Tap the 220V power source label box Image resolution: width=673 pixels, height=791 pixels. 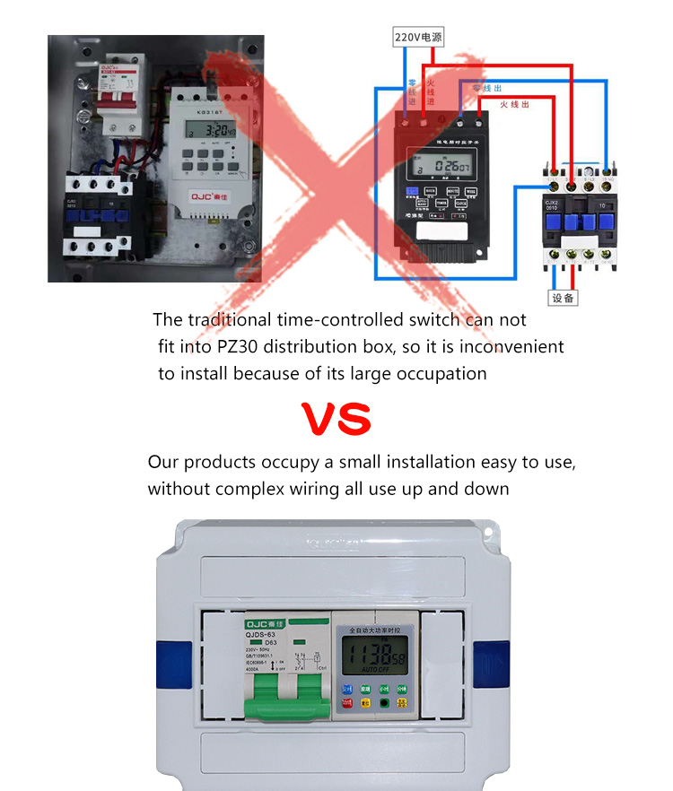(x=419, y=38)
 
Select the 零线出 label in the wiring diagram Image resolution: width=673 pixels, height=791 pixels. (x=487, y=88)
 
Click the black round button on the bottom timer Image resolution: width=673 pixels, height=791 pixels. (x=385, y=703)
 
